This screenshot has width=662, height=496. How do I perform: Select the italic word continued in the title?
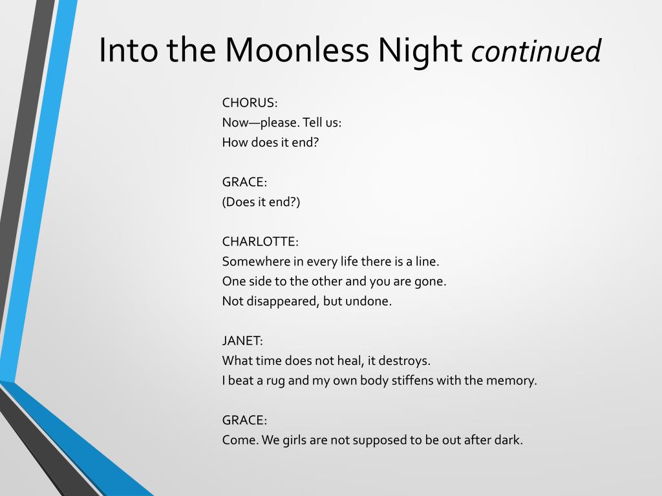tap(536, 50)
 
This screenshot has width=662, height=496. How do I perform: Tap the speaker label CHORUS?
tap(250, 103)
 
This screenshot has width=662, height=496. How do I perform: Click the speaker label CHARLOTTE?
tap(260, 242)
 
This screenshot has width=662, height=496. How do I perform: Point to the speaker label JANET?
tap(242, 340)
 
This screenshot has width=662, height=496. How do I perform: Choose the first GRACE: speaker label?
tap(244, 181)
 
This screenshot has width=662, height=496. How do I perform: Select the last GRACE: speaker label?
tap(244, 420)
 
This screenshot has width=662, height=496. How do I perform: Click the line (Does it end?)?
tap(261, 202)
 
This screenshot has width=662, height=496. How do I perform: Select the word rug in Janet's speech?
tap(275, 381)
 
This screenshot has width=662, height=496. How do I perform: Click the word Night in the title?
tap(420, 50)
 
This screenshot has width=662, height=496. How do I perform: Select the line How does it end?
tap(270, 142)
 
